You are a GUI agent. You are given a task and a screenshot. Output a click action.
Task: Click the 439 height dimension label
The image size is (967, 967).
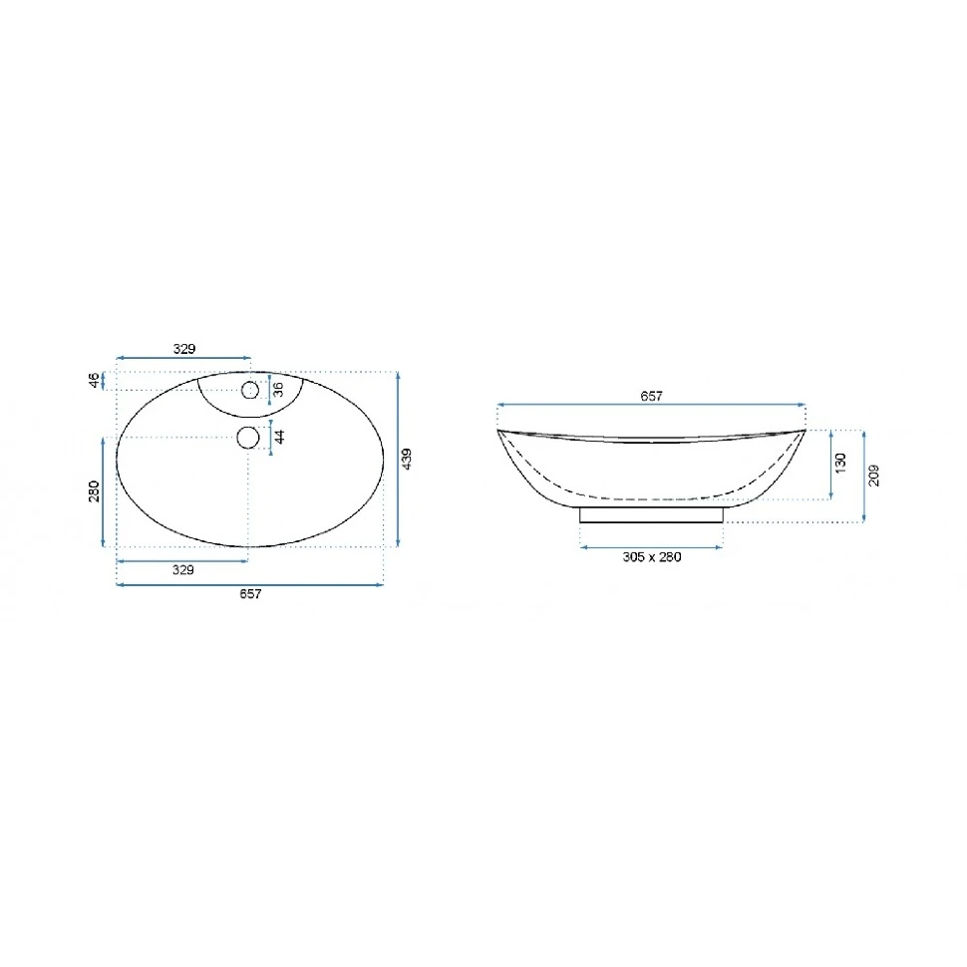tap(407, 459)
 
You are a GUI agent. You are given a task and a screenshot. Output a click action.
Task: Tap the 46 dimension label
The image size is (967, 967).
tap(94, 380)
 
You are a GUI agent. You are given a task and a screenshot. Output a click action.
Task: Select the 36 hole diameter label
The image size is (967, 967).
tap(278, 390)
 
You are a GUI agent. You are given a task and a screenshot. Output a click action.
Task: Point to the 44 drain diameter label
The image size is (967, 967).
tap(279, 437)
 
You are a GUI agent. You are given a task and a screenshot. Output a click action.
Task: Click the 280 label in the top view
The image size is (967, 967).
tap(94, 491)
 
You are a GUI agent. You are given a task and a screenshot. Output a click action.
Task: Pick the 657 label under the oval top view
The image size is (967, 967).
tap(250, 594)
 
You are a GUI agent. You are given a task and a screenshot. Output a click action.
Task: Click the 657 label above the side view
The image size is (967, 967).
tap(651, 396)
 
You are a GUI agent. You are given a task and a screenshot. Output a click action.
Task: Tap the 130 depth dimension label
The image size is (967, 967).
tap(840, 463)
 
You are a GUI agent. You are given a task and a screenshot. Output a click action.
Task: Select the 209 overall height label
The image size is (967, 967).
tap(874, 476)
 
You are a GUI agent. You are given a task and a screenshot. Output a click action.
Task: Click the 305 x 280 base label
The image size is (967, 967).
tap(652, 557)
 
